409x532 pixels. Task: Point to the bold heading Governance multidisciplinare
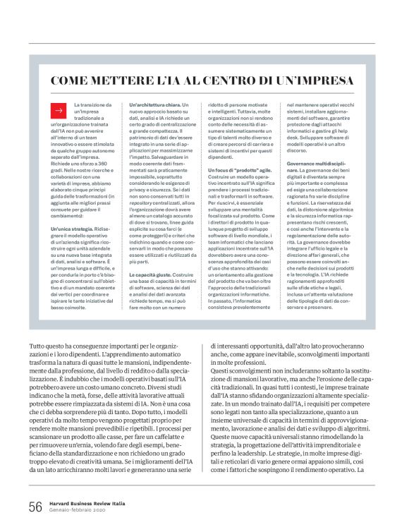319,164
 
